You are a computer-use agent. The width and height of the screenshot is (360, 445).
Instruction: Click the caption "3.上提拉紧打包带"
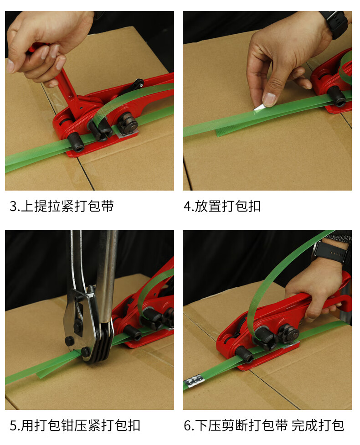pyautogui.click(x=62, y=206)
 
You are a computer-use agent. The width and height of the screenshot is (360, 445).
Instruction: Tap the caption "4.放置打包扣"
pyautogui.click(x=222, y=206)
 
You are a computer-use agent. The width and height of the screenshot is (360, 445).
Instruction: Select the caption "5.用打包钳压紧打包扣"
pyautogui.click(x=75, y=425)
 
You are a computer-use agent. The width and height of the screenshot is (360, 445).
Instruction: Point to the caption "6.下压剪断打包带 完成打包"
pyautogui.click(x=264, y=425)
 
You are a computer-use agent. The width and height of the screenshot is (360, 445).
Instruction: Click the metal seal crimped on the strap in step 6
pyautogui.click(x=194, y=380)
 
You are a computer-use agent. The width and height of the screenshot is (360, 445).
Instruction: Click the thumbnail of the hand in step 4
pyautogui.click(x=269, y=98)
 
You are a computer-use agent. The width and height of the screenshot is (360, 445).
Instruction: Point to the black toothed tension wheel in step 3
pyautogui.click(x=128, y=123)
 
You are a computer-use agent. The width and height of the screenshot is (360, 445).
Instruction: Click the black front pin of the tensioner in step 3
pyautogui.click(x=76, y=142)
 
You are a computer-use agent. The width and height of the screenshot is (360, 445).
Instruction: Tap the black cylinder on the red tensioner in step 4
pyautogui.click(x=336, y=96)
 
